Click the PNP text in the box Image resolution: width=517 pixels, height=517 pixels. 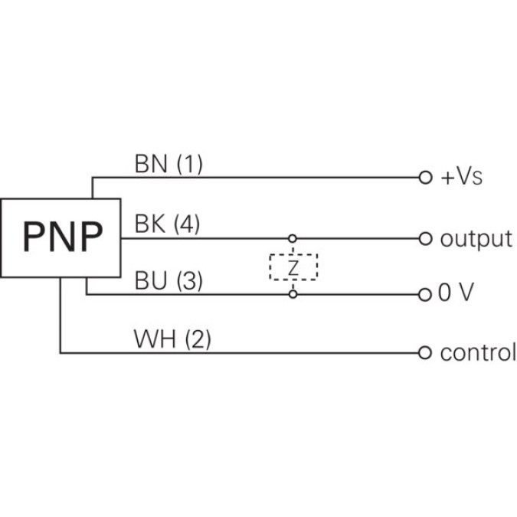[61, 237]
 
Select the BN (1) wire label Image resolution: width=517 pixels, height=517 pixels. [169, 164]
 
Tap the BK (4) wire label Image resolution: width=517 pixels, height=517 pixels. [167, 224]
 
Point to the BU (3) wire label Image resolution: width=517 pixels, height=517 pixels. [169, 281]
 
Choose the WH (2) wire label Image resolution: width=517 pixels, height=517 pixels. [172, 339]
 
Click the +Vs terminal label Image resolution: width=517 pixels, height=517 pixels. [461, 178]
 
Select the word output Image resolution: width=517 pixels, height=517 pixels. [475, 238]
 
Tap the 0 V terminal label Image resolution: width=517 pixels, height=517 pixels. [457, 294]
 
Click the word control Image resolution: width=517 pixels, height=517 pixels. [477, 353]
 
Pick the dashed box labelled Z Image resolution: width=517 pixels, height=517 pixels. [293, 267]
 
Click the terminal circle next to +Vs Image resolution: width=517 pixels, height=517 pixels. [425, 178]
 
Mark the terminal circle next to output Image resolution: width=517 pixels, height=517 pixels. [425, 238]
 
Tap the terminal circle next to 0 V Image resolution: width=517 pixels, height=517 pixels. [425, 294]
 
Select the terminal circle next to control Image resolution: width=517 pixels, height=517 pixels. [425, 353]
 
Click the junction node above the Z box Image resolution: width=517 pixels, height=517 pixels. [293, 238]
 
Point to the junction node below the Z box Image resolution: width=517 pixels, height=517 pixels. [293, 294]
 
